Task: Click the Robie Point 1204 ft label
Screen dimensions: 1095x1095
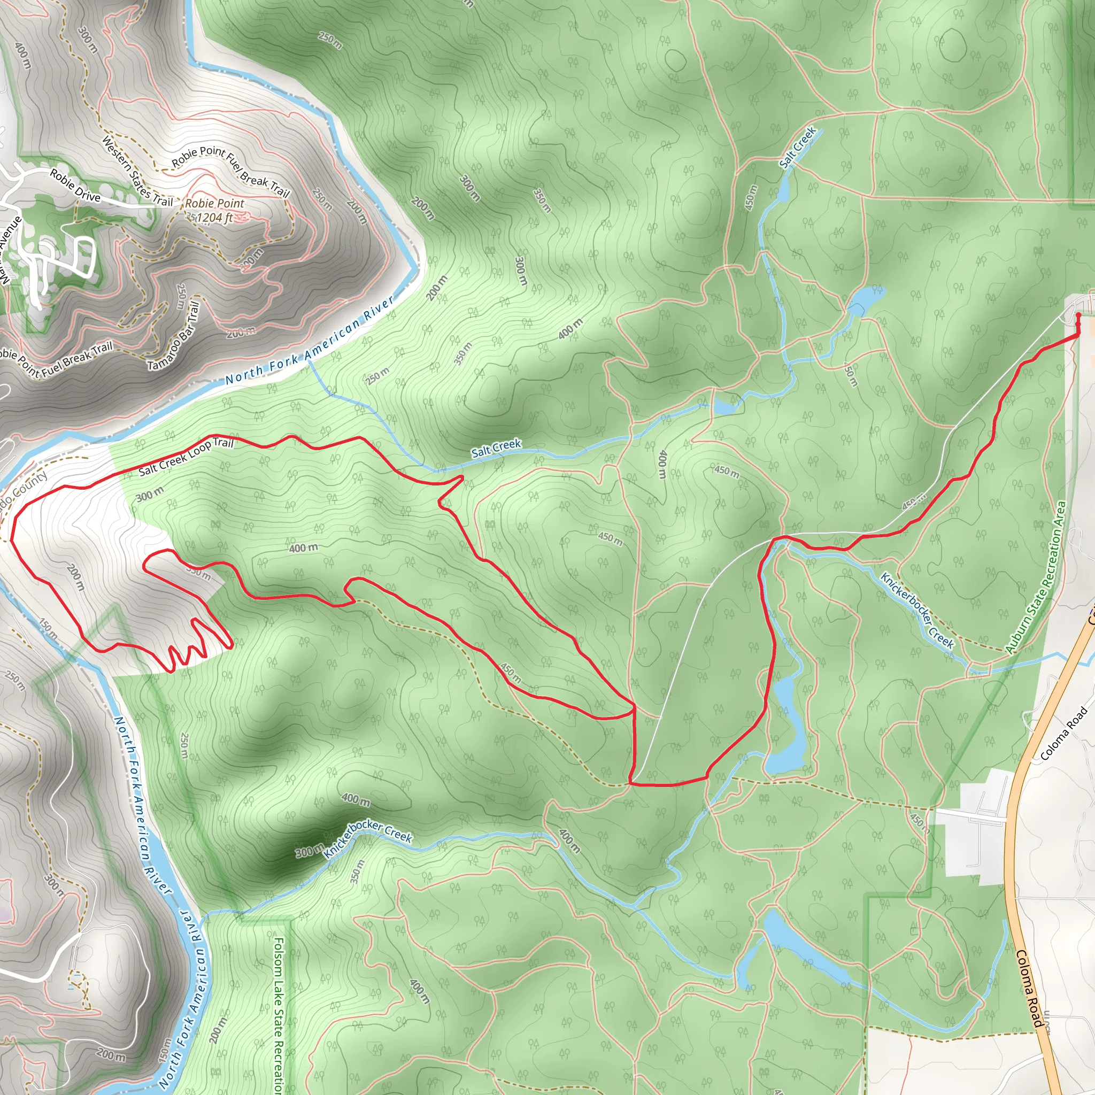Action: coord(214,210)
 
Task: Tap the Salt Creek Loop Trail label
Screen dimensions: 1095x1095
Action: coord(186,456)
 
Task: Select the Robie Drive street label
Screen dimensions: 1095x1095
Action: coord(75,186)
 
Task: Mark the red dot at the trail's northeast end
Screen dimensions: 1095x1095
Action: coord(1078,315)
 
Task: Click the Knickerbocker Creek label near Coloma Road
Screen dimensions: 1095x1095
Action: coord(917,610)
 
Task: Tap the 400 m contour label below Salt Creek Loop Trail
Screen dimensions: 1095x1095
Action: coord(303,548)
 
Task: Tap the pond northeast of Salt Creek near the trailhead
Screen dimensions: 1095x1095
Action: coord(865,299)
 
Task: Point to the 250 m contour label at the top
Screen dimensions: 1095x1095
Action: coord(330,40)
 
